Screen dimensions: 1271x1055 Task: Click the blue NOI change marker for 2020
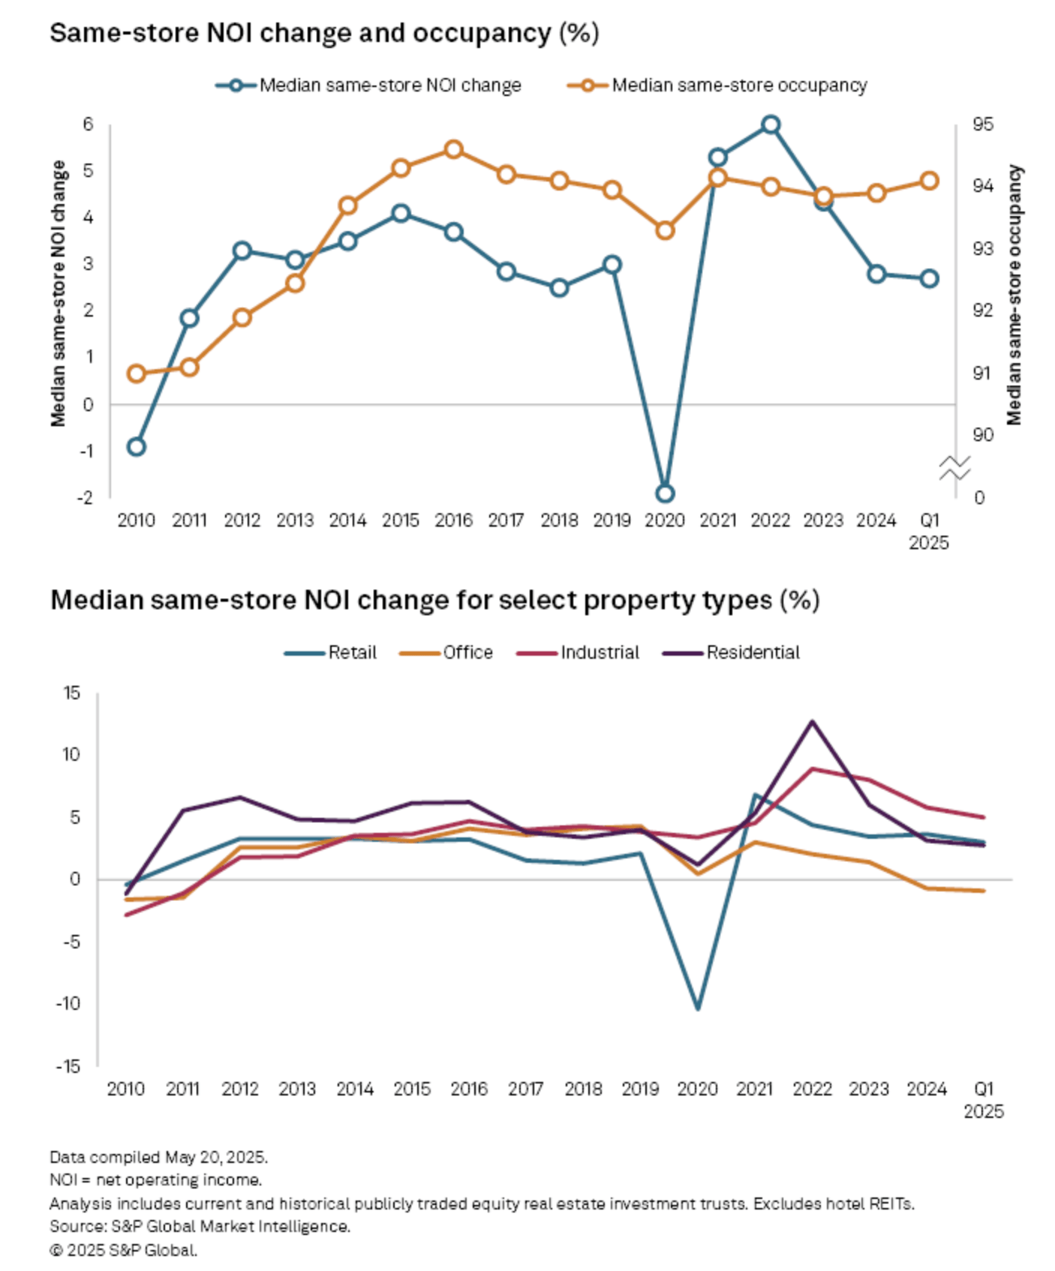tap(665, 494)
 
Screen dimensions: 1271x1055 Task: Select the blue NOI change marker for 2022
tap(771, 125)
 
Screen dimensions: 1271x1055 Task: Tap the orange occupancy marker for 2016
tap(453, 149)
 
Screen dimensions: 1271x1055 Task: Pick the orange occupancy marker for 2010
tap(137, 374)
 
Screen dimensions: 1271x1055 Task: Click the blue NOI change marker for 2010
tap(137, 447)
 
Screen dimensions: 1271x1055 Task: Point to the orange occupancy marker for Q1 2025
tap(929, 181)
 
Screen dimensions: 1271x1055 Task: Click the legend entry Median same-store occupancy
tap(738, 86)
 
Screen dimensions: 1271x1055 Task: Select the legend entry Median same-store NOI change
tap(389, 86)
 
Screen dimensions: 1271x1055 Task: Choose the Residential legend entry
tap(752, 653)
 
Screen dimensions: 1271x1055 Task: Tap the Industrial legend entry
tap(599, 653)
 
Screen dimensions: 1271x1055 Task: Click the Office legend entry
tap(467, 653)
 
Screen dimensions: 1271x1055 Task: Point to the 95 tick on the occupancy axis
tap(982, 125)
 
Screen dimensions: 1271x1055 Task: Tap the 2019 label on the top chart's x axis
tap(612, 521)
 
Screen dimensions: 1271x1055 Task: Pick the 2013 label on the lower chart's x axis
tap(297, 1089)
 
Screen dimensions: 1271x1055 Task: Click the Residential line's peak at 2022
tap(812, 722)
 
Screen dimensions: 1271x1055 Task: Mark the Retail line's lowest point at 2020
tap(698, 1008)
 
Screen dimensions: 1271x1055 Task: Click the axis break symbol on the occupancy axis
tap(954, 468)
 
